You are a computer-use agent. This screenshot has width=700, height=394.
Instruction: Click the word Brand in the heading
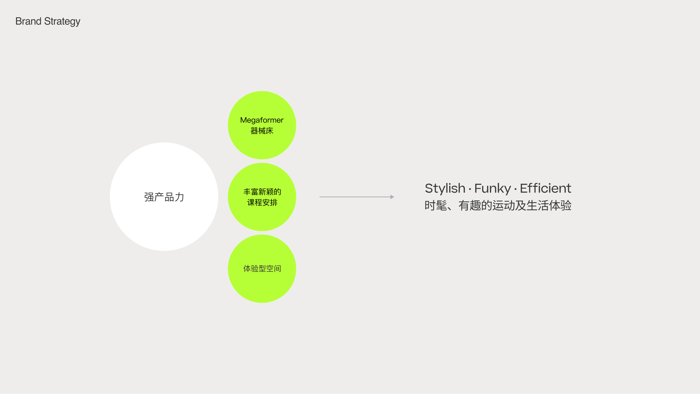tap(28, 21)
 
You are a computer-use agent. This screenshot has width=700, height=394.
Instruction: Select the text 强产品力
tap(164, 197)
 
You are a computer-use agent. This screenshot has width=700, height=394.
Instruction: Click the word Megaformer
tap(262, 120)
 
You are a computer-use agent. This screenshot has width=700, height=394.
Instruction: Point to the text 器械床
tap(262, 131)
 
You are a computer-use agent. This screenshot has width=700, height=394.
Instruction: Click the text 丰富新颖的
tap(262, 192)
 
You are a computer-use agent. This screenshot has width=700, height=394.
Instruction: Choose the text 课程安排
tap(262, 202)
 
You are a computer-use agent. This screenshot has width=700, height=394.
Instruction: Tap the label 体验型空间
tap(262, 269)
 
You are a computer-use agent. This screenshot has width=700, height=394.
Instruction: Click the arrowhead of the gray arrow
tap(392, 197)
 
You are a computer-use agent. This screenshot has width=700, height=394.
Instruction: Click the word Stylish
tap(445, 188)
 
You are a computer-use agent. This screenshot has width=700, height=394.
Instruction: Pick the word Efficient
tap(545, 188)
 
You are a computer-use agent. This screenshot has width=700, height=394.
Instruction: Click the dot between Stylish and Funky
tap(470, 189)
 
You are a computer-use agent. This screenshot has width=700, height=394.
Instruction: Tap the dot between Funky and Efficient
tap(515, 189)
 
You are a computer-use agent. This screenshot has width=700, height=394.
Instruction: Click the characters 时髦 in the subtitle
tap(436, 205)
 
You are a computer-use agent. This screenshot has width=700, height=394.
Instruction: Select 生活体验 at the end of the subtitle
tap(549, 205)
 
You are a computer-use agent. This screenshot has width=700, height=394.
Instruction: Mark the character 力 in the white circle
tap(179, 197)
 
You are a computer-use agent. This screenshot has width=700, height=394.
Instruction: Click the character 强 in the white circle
tap(149, 197)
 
